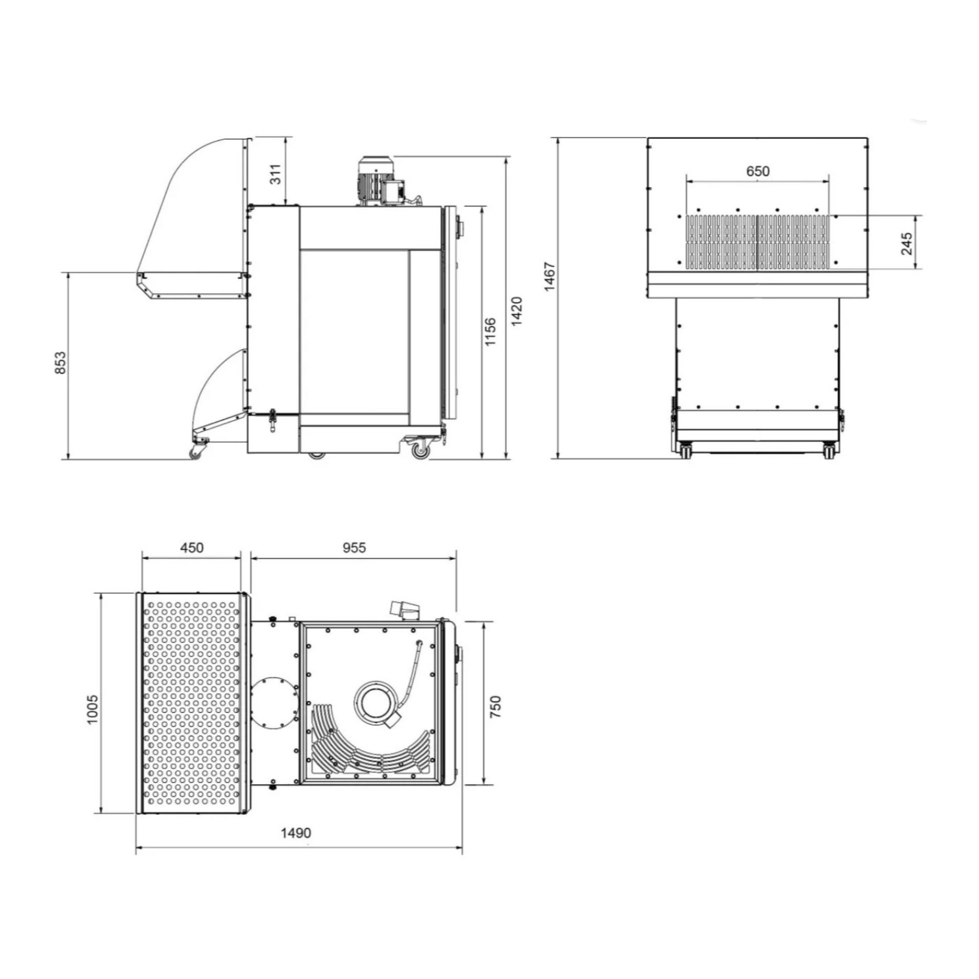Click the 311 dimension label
(275, 175)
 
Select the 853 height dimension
(60, 363)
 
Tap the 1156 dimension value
(491, 332)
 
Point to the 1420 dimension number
(517, 311)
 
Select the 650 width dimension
(757, 171)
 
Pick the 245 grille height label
(907, 244)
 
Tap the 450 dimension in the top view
(192, 548)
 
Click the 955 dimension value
(354, 547)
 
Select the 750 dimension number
(495, 707)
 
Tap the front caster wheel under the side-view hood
(196, 453)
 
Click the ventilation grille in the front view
(757, 242)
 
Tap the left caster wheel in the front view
(685, 451)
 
